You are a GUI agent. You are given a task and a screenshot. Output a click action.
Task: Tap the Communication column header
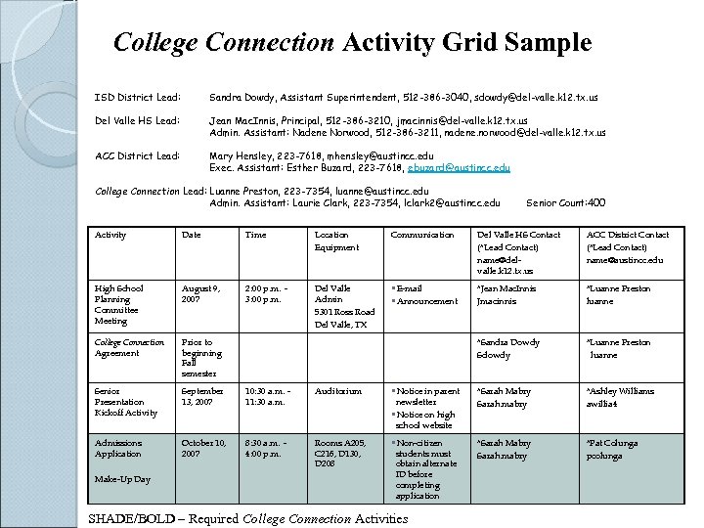[x=421, y=235]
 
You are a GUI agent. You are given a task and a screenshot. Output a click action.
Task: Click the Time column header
[x=255, y=235]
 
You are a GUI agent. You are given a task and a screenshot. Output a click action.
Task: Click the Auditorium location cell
[x=338, y=391]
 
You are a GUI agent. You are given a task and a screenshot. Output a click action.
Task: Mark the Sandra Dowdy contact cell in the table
[x=507, y=348]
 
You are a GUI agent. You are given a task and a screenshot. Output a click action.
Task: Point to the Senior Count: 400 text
[x=565, y=203]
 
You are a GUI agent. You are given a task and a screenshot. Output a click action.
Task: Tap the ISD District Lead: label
[x=136, y=99]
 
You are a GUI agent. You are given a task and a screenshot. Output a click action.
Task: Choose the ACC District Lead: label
[x=137, y=155]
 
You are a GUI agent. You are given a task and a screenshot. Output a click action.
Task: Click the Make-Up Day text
[x=122, y=479]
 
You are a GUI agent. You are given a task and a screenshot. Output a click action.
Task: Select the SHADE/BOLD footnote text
[x=247, y=518]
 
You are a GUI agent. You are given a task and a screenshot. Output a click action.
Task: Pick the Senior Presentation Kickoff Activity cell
[x=125, y=402]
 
